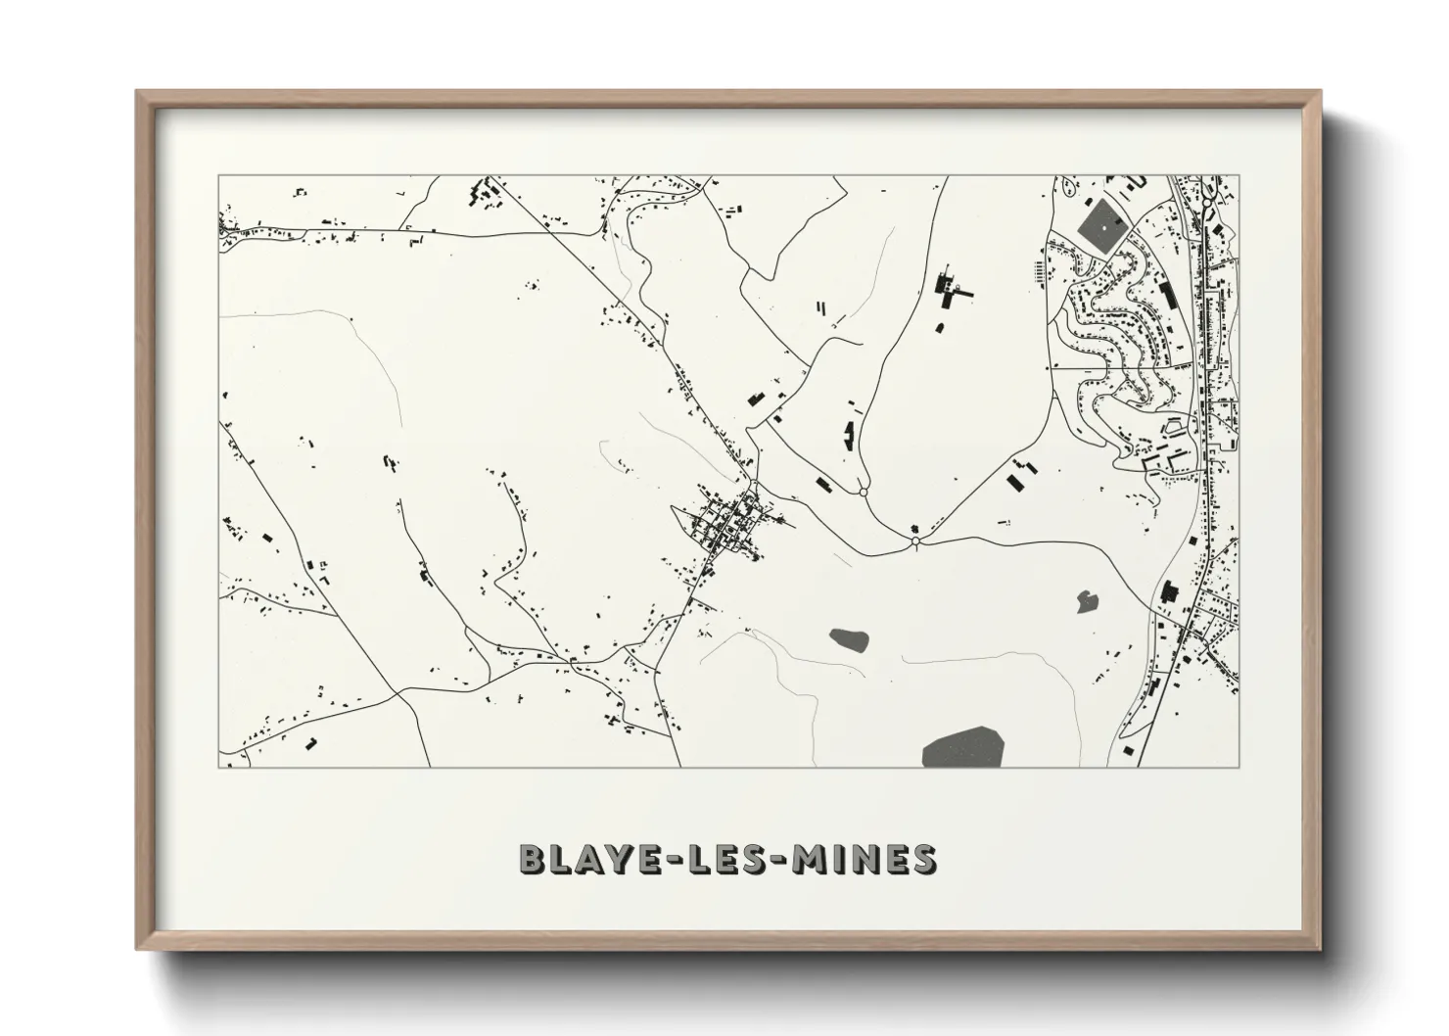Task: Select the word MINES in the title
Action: [x=864, y=859]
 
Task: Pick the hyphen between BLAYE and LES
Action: [x=669, y=860]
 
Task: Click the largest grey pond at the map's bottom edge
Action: [x=962, y=748]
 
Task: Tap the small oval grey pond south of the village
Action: [x=849, y=640]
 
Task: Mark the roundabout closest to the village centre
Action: [x=863, y=492]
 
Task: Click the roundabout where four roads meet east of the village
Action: [x=915, y=541]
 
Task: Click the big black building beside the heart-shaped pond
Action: [x=1168, y=592]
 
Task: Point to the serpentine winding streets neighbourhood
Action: [x=1111, y=313]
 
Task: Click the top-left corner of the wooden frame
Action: [x=138, y=92]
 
